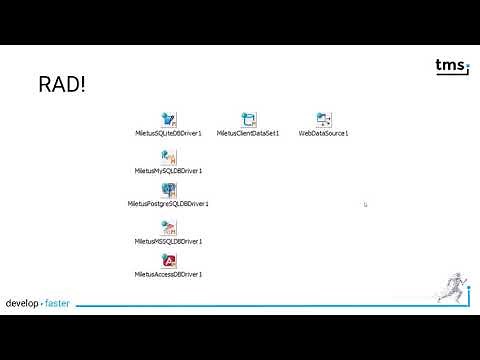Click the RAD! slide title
pos(61,84)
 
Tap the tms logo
pos(451,67)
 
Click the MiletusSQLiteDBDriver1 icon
pos(169,120)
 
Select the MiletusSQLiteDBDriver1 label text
pos(169,133)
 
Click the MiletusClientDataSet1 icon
pos(248,120)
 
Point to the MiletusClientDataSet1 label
pos(248,133)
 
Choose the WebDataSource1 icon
pos(323,120)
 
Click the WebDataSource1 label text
pos(323,133)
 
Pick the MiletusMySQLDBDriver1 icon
pos(169,157)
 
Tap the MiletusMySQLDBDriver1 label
pos(169,170)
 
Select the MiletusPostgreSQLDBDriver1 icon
pos(169,190)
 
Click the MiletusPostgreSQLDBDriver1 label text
pos(168,203)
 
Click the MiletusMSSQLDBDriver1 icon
pos(169,227)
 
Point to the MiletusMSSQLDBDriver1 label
pos(169,240)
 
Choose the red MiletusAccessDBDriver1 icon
pos(169,261)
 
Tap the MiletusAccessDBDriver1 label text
pos(169,273)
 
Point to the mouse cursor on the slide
pos(366,205)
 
